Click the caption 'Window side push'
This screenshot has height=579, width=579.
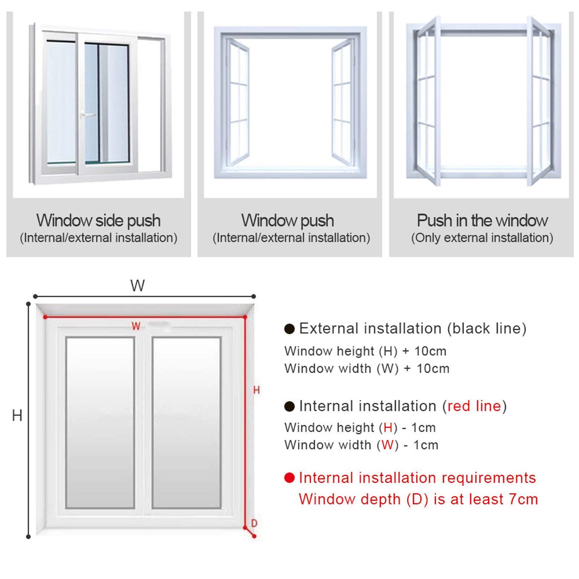point(98,220)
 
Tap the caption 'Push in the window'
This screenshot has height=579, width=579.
point(482,220)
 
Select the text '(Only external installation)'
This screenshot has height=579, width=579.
point(482,238)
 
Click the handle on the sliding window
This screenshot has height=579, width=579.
point(84,115)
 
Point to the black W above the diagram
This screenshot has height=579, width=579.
point(138,286)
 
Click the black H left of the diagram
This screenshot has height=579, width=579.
point(17,415)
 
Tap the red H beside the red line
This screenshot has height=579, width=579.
point(256,390)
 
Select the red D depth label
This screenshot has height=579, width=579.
point(254,523)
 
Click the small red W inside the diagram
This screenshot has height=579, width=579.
point(136,326)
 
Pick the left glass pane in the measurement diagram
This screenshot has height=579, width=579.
point(100,422)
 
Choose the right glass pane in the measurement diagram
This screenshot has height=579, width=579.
point(186,422)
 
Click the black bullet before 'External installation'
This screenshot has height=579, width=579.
point(289,329)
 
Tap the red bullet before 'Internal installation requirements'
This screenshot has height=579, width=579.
point(289,478)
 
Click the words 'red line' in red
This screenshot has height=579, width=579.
point(474,406)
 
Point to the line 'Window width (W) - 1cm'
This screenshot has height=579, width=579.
point(361,445)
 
